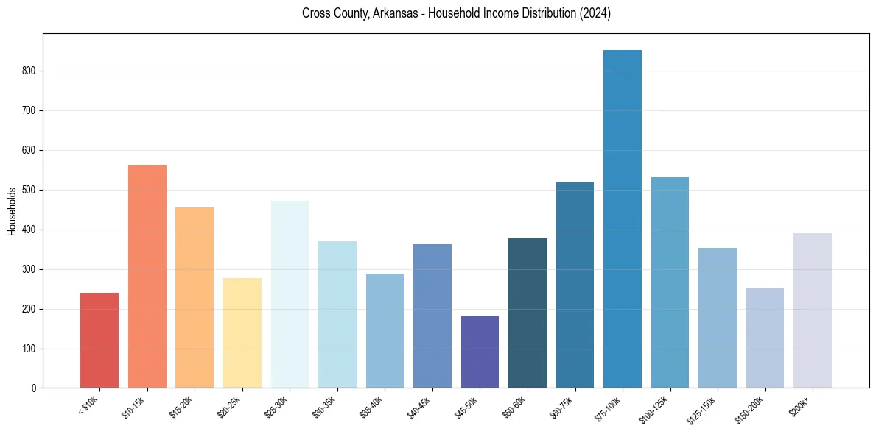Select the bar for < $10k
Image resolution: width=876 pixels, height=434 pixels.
99,341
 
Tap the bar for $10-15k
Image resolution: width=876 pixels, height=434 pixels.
147,277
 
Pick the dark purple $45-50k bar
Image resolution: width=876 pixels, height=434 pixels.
480,352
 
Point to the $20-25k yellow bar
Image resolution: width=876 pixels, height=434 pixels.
242,333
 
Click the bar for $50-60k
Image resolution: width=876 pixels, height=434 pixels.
528,313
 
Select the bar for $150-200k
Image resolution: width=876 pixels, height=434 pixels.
765,338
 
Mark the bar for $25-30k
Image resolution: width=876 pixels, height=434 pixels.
290,294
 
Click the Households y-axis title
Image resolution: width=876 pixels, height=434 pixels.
12,211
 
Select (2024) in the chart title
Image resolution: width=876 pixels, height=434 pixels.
593,14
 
